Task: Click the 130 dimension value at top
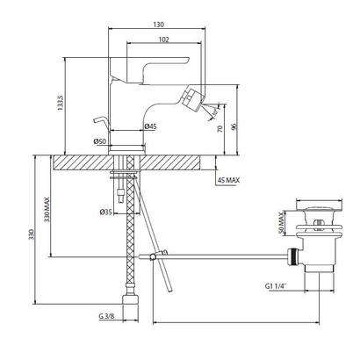pos(158,25)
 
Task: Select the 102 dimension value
pos(163,40)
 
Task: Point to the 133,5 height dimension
pos(61,102)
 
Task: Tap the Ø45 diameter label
pos(151,126)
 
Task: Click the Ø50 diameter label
pos(100,141)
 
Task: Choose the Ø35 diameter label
pos(106,212)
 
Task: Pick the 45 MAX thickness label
pos(228,180)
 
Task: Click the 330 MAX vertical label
pos(47,210)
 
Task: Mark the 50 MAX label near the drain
pos(281,223)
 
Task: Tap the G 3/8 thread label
pos(106,316)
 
